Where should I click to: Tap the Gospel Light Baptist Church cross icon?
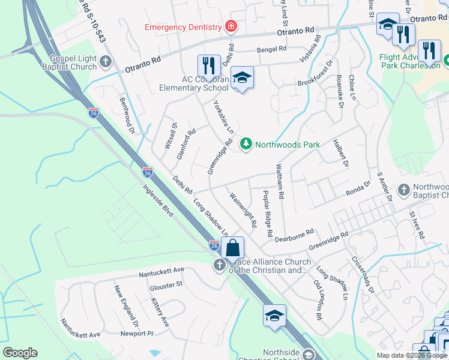(x=106, y=61)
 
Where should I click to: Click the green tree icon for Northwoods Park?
(x=245, y=144)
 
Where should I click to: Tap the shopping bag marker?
(x=232, y=247)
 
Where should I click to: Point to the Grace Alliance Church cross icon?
(x=220, y=265)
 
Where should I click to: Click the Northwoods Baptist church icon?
(x=403, y=190)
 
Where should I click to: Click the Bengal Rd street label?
(x=271, y=51)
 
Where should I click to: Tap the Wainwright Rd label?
(x=244, y=209)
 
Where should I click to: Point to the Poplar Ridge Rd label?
(x=268, y=214)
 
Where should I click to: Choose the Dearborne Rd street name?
(x=294, y=235)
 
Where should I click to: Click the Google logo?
(x=20, y=353)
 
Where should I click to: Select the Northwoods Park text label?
(x=288, y=145)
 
